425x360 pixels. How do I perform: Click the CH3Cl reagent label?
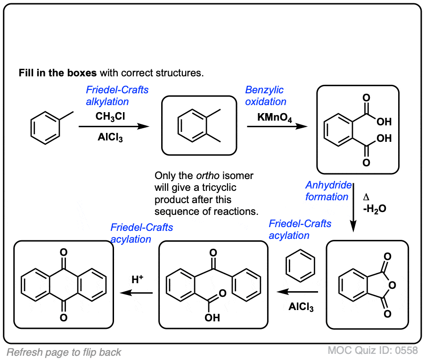coord(110,116)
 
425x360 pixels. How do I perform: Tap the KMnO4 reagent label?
coord(275,118)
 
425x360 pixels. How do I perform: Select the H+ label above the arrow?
coord(138,279)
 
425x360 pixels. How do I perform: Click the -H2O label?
coord(375,209)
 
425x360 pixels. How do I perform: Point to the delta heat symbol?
coord(366,197)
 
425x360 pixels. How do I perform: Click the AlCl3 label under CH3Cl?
coord(110,138)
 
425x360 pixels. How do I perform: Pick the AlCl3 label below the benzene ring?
coord(301,307)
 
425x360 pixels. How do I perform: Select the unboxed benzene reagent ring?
coord(301,266)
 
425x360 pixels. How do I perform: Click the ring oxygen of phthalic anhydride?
coord(392,285)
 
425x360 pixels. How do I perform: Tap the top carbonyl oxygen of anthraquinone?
coord(64,253)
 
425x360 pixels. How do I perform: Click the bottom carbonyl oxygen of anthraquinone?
coord(64,318)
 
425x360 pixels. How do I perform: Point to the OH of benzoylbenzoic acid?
coord(212,318)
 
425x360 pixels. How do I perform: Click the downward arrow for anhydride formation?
coord(353,207)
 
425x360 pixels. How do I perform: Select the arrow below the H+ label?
coord(136,293)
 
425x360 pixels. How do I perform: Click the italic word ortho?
coord(208,176)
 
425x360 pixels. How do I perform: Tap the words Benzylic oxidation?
coord(266,96)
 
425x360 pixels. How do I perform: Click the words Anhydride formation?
coord(328,191)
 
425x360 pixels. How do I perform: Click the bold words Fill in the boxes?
coord(57,73)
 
